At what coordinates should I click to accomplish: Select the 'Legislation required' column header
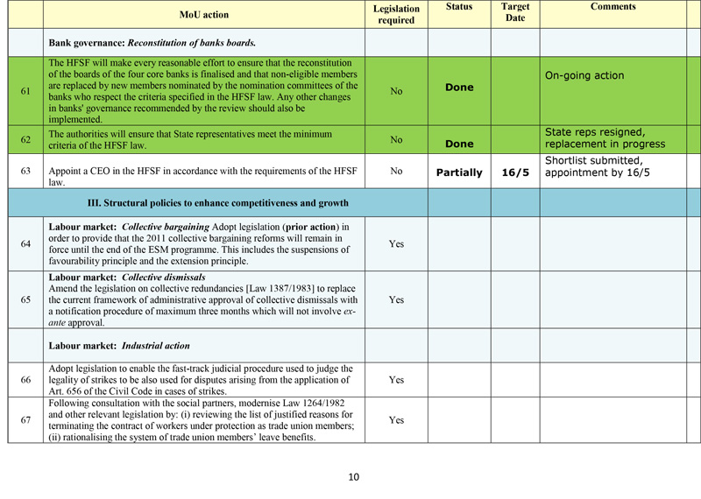(x=396, y=14)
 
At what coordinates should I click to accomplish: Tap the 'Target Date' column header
(x=514, y=13)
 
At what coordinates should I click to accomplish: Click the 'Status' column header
(x=458, y=7)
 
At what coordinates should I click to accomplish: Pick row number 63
(x=25, y=172)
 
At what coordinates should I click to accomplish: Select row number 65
(x=25, y=299)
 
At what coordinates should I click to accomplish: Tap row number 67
(x=25, y=420)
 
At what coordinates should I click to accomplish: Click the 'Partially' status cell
(x=459, y=172)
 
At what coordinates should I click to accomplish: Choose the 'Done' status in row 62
(x=459, y=144)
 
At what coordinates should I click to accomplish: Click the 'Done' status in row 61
(x=459, y=88)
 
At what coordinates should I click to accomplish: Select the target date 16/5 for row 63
(x=515, y=172)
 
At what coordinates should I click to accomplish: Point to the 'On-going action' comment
(x=584, y=75)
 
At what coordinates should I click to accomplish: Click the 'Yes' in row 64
(x=396, y=244)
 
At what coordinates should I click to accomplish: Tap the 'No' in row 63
(x=396, y=172)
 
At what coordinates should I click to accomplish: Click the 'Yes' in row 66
(x=396, y=380)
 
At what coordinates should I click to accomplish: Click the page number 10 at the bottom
(x=353, y=477)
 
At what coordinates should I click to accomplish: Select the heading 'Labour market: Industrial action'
(x=120, y=346)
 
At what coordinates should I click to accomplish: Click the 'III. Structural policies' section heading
(x=218, y=203)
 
